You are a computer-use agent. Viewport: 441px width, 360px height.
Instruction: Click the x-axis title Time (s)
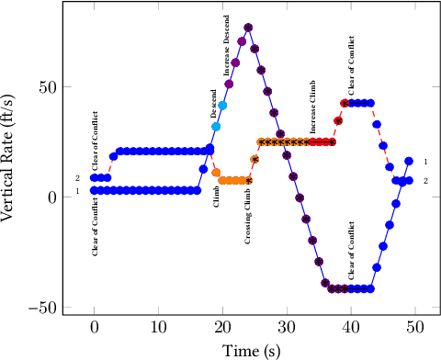click(254, 350)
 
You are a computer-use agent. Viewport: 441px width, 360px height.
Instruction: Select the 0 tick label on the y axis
click(51, 197)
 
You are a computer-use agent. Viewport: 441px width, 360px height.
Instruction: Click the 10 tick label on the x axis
click(158, 329)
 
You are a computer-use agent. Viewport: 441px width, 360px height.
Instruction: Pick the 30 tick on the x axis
click(287, 329)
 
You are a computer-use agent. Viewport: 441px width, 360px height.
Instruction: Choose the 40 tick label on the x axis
click(350, 329)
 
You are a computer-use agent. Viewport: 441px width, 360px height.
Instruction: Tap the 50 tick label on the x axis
click(414, 329)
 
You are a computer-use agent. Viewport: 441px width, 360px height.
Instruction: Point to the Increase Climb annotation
click(313, 107)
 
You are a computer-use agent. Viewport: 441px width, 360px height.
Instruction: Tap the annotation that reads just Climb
click(216, 196)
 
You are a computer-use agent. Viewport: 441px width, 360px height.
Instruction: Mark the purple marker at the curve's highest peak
click(248, 28)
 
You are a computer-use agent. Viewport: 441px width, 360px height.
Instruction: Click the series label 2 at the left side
click(77, 178)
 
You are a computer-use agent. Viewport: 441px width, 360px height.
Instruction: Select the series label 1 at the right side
click(425, 161)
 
